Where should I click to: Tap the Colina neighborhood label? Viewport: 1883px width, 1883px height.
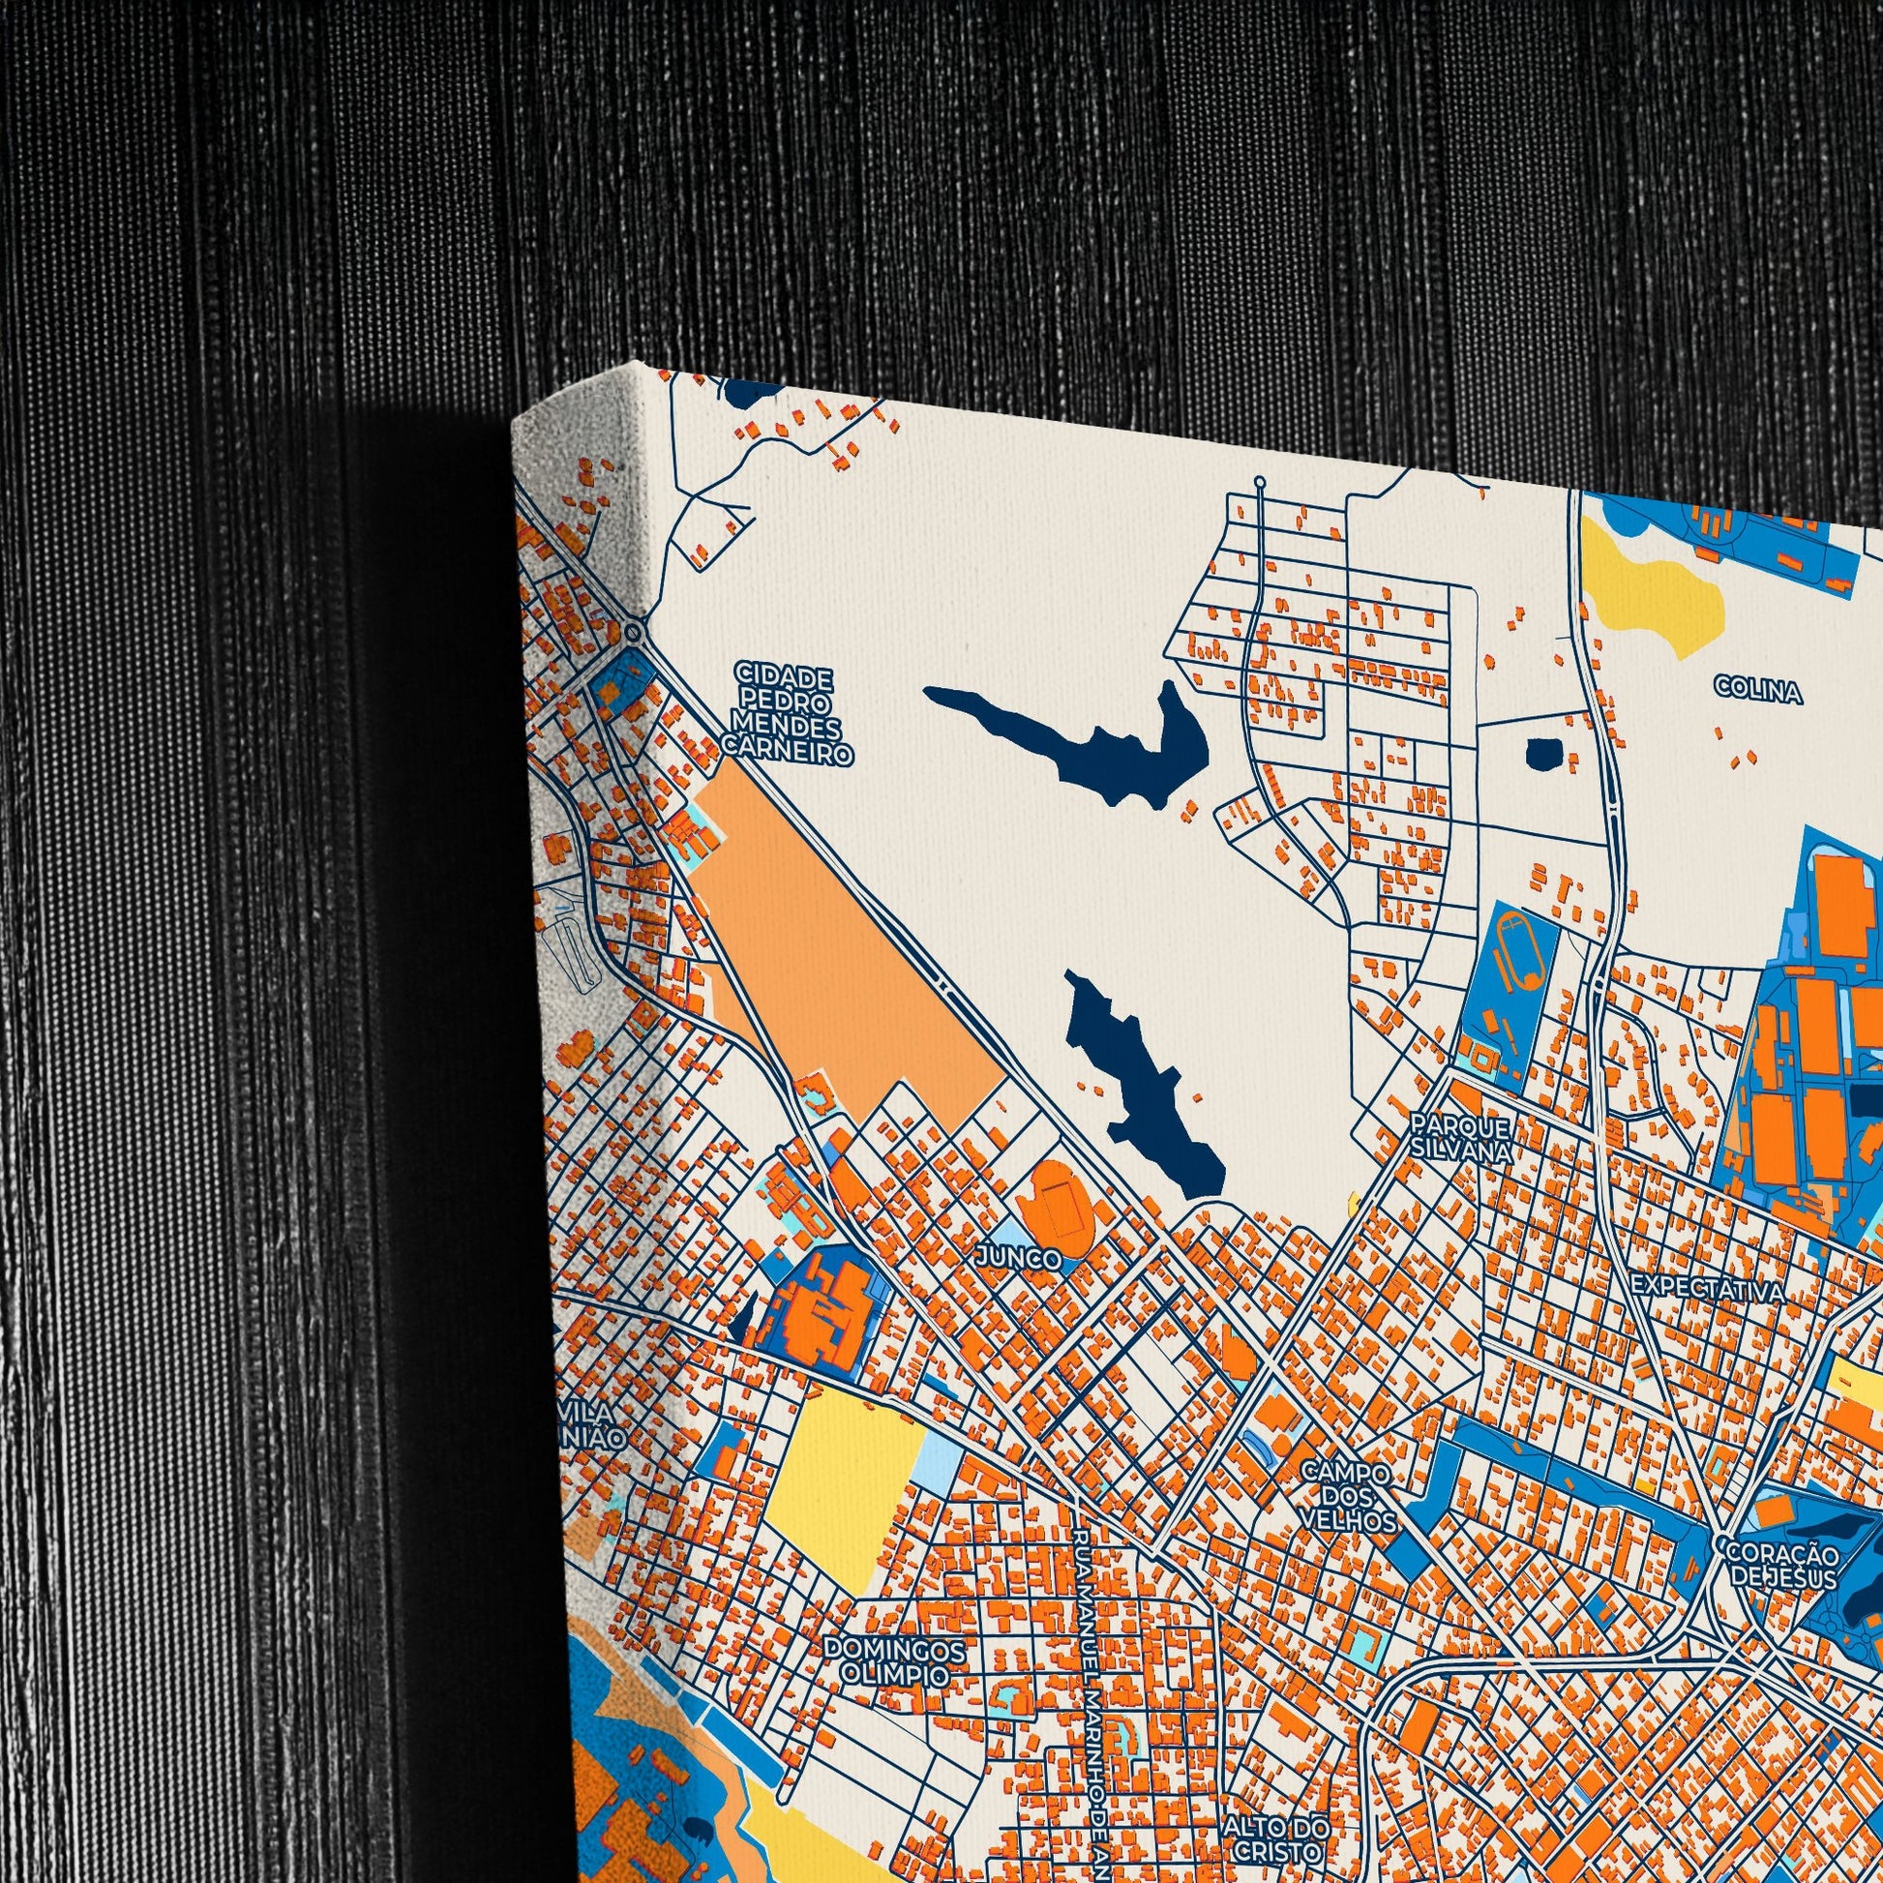coord(1758,692)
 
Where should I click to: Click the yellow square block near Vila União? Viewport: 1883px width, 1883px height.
coord(844,1481)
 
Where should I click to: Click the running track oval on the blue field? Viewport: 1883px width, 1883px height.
coord(1521,950)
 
